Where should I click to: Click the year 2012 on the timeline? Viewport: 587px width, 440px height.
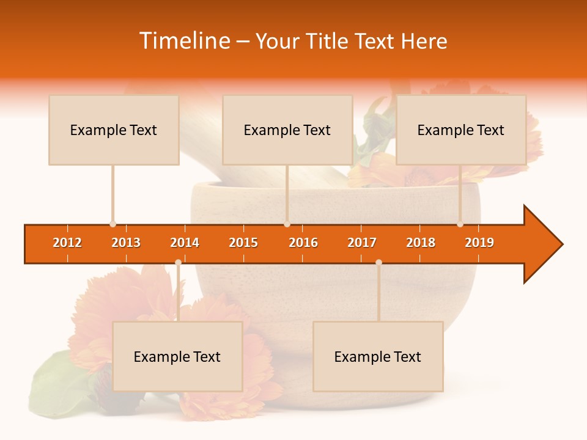click(x=67, y=243)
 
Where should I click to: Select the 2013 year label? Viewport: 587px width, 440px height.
click(x=126, y=243)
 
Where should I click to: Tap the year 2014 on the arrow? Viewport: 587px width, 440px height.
click(x=185, y=243)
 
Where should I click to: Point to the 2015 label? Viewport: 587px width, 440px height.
click(x=243, y=243)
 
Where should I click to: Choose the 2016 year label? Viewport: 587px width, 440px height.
click(x=303, y=243)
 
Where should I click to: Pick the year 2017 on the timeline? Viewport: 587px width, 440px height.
click(x=362, y=243)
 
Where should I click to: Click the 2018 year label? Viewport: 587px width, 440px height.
click(x=421, y=243)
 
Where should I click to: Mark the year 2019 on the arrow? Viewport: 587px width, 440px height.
click(x=479, y=243)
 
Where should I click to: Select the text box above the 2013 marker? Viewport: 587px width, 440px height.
click(x=114, y=130)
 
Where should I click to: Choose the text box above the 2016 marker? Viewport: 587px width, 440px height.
click(x=287, y=130)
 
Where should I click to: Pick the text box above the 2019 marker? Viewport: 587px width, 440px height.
click(x=461, y=130)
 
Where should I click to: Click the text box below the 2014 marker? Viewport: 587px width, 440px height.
click(x=177, y=356)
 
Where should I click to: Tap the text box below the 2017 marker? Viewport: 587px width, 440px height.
click(x=378, y=356)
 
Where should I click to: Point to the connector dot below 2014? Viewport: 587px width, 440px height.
click(x=178, y=263)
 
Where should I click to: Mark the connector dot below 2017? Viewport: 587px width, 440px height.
click(x=378, y=263)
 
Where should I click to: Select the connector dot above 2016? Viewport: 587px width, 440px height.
click(x=287, y=224)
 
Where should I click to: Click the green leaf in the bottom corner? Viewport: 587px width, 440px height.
click(x=58, y=382)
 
